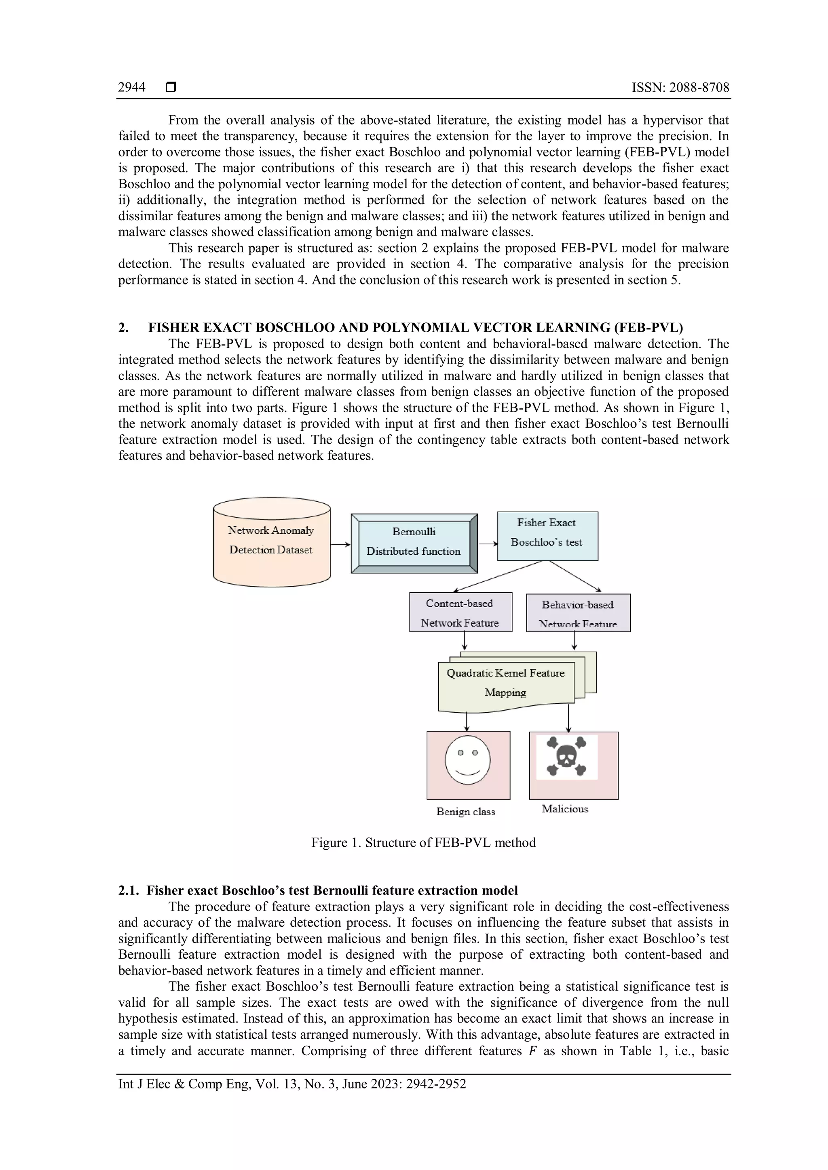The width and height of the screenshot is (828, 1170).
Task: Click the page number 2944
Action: point(131,88)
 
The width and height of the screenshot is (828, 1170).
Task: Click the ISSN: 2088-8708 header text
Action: point(680,88)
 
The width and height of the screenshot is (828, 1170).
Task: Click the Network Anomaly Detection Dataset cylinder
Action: point(271,542)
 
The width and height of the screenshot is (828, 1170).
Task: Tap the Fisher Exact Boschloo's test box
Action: point(547,536)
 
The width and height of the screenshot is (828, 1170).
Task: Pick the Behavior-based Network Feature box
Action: point(578,613)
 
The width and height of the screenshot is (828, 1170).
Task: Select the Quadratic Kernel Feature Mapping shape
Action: point(506,683)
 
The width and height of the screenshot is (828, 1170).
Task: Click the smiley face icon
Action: point(467,760)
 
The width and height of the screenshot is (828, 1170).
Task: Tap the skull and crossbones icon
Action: point(566,757)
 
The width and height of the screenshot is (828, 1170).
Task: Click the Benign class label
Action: point(465,812)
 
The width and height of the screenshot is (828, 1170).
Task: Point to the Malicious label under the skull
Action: point(564,809)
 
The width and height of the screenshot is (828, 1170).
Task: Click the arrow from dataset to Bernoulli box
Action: point(340,545)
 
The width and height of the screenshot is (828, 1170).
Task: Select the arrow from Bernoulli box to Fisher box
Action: point(488,544)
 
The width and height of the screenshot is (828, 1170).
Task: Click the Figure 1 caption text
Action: point(423,842)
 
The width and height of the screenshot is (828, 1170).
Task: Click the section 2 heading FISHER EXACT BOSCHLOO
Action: point(415,327)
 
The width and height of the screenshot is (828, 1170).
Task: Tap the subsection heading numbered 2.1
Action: point(318,890)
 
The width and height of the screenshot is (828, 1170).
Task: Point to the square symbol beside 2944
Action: point(171,88)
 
